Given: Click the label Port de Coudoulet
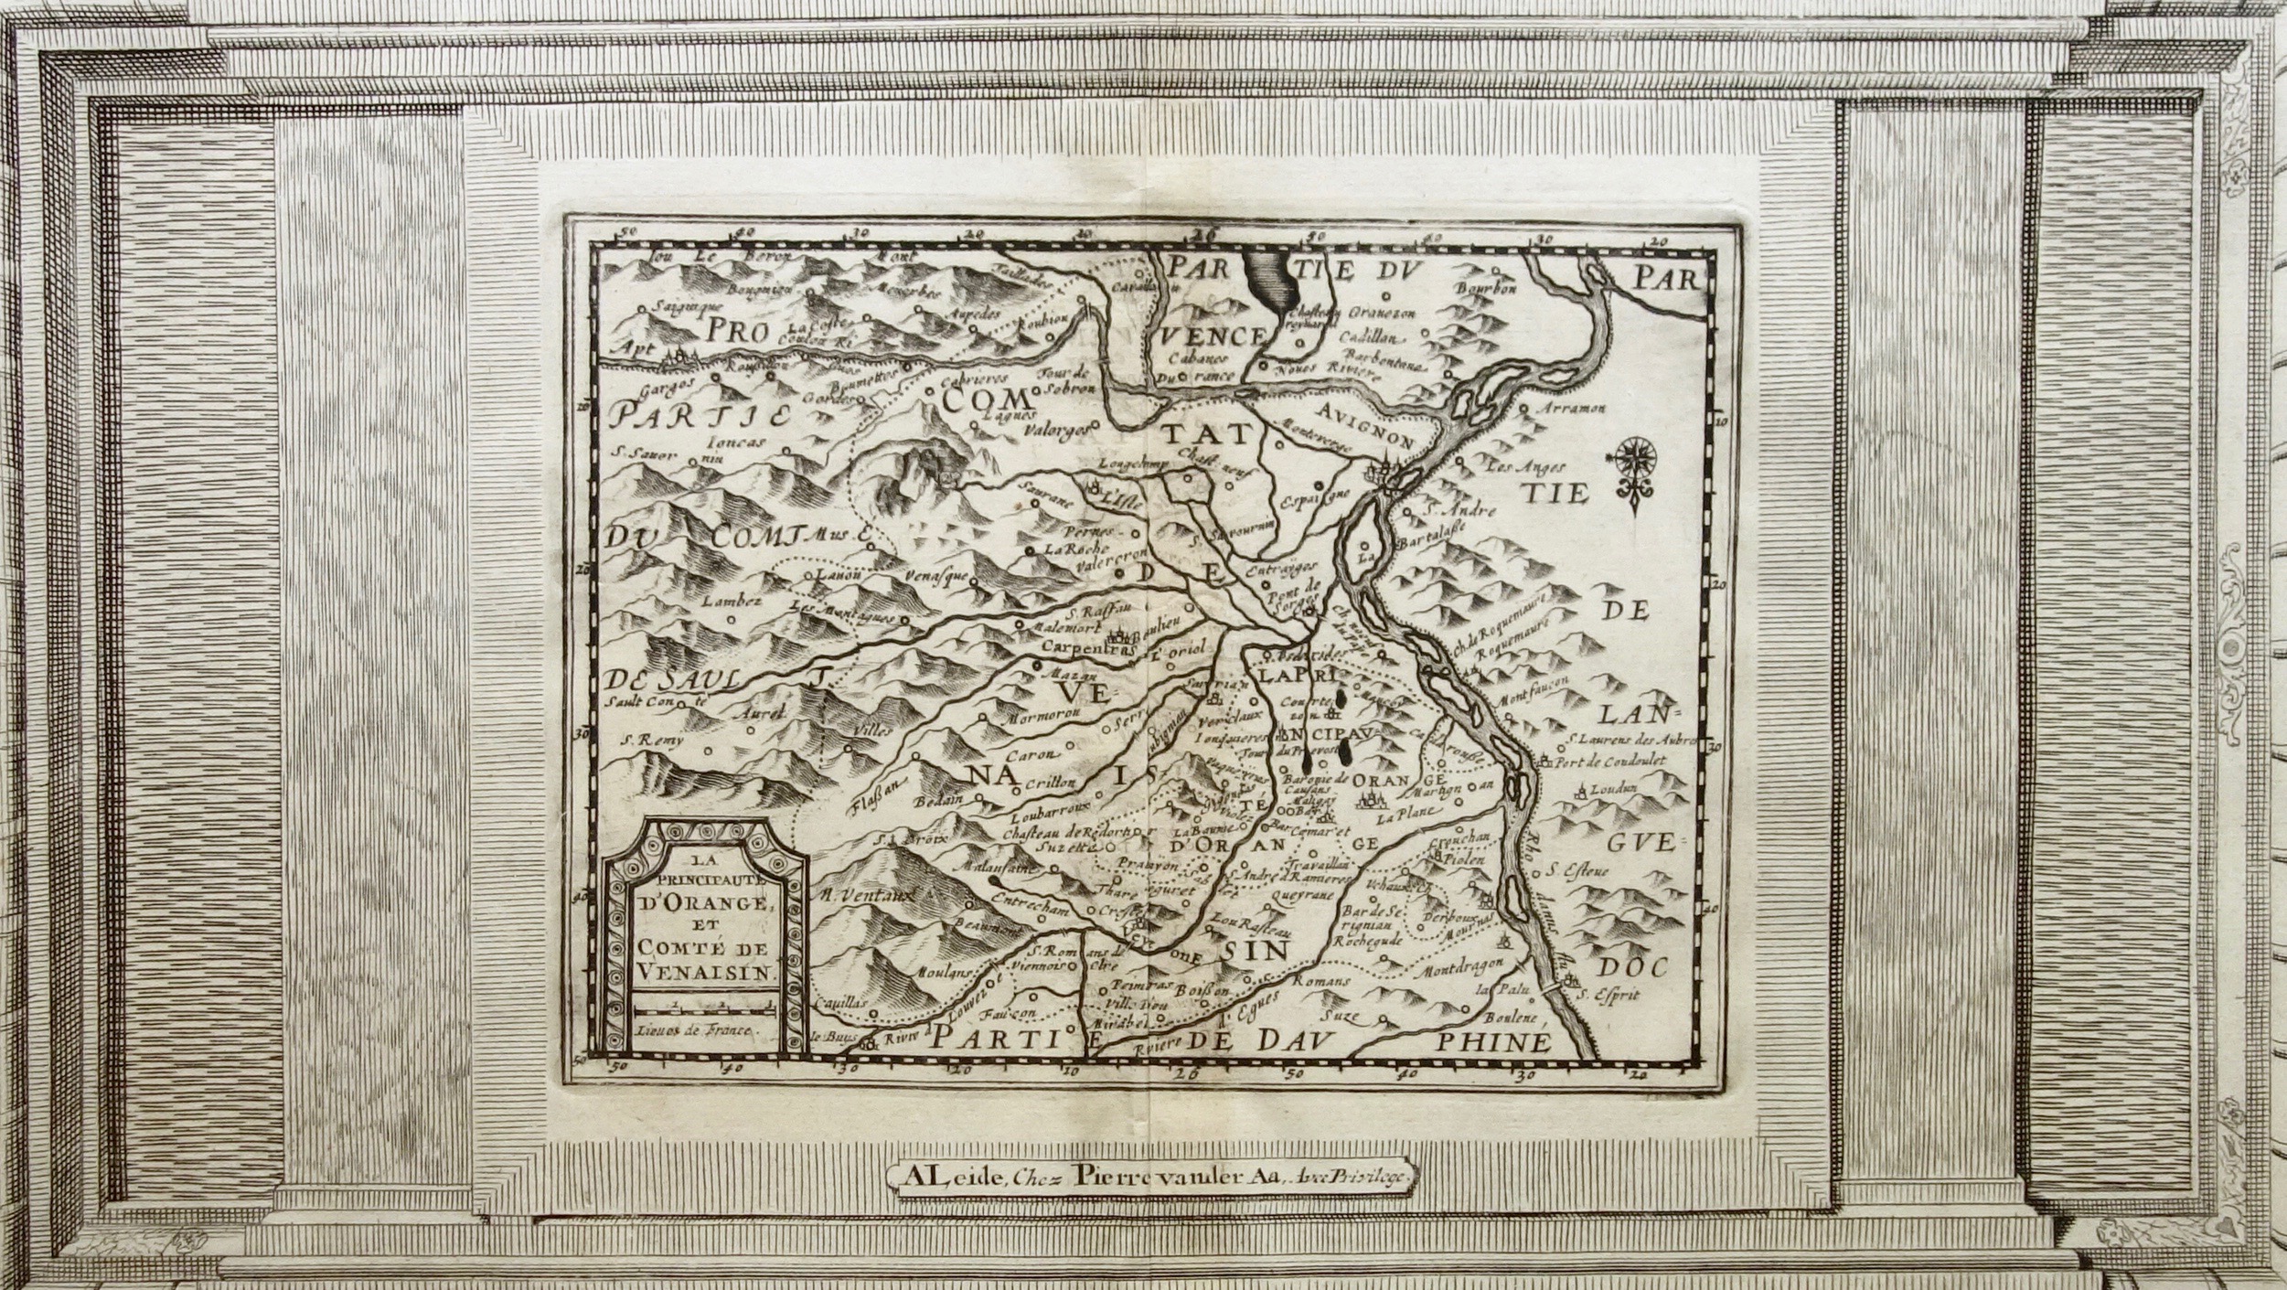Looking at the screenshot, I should click(1615, 761).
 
